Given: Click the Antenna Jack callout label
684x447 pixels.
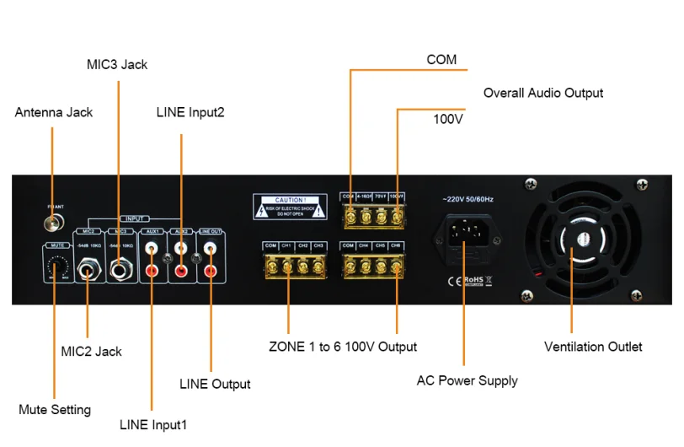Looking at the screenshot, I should [x=54, y=111].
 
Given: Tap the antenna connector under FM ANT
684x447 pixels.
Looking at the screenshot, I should [x=53, y=223].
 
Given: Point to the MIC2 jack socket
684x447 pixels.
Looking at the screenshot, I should [x=88, y=272].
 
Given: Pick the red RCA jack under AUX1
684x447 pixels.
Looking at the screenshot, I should [x=152, y=272].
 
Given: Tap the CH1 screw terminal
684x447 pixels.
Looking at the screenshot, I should [x=287, y=267].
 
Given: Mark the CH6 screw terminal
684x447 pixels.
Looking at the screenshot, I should [x=395, y=267].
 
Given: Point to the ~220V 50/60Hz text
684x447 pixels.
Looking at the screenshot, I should [x=463, y=199].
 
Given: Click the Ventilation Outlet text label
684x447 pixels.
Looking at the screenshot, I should [x=593, y=347].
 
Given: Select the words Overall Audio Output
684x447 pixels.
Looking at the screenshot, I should [x=543, y=93].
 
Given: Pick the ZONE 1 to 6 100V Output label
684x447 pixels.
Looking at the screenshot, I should [x=343, y=347].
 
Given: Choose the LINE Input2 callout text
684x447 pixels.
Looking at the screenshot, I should [x=190, y=111].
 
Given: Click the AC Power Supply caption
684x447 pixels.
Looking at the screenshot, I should [x=467, y=380].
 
